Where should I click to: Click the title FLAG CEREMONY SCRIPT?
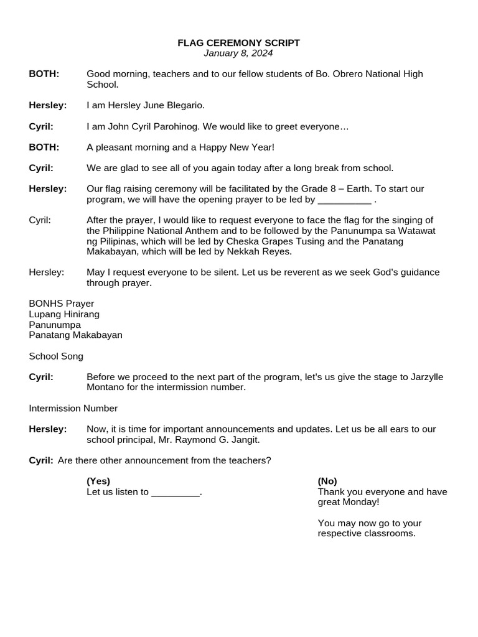tap(238, 43)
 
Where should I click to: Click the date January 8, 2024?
tap(238, 53)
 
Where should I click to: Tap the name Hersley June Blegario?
tap(155, 105)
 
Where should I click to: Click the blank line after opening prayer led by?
tap(344, 200)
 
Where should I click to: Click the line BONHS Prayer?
tap(62, 304)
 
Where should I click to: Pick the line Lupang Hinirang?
tap(64, 314)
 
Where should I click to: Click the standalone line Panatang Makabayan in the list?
tap(75, 335)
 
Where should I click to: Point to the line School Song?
tap(56, 356)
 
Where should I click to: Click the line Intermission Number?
tap(73, 408)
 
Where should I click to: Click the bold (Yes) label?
tap(98, 481)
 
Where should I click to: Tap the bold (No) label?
tap(327, 481)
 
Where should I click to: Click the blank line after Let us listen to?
tap(176, 493)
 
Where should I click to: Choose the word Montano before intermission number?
tap(106, 388)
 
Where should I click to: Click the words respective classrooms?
tap(366, 533)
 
